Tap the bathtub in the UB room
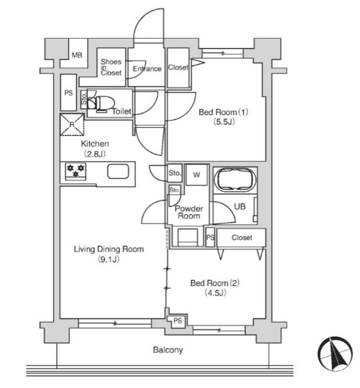[235, 180]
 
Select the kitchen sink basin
[118, 171]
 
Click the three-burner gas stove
[75, 171]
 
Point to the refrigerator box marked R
[72, 125]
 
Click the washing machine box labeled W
[196, 175]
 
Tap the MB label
[77, 55]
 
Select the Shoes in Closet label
[111, 67]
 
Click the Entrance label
[147, 68]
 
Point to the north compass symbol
[335, 354]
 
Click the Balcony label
[168, 350]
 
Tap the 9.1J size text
[109, 259]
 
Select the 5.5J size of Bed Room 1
[223, 121]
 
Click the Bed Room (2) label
[215, 283]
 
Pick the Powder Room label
[189, 212]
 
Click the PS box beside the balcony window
[177, 321]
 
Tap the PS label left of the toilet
[68, 93]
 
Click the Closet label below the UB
[241, 238]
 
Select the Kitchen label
[95, 144]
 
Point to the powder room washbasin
[188, 237]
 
